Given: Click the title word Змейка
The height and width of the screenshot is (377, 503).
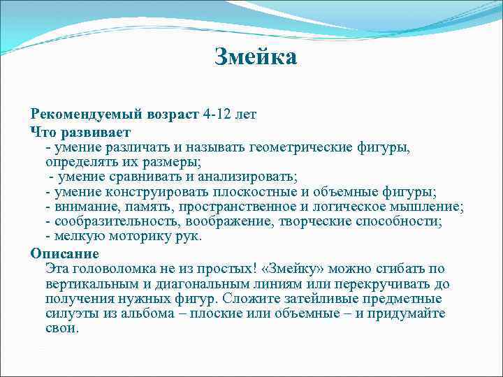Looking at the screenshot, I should click(255, 57).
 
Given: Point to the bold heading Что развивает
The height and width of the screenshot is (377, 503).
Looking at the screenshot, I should click(80, 131).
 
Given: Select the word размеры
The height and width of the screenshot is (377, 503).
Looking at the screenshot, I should click(173, 161).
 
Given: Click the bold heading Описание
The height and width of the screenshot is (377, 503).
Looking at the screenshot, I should click(65, 253).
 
